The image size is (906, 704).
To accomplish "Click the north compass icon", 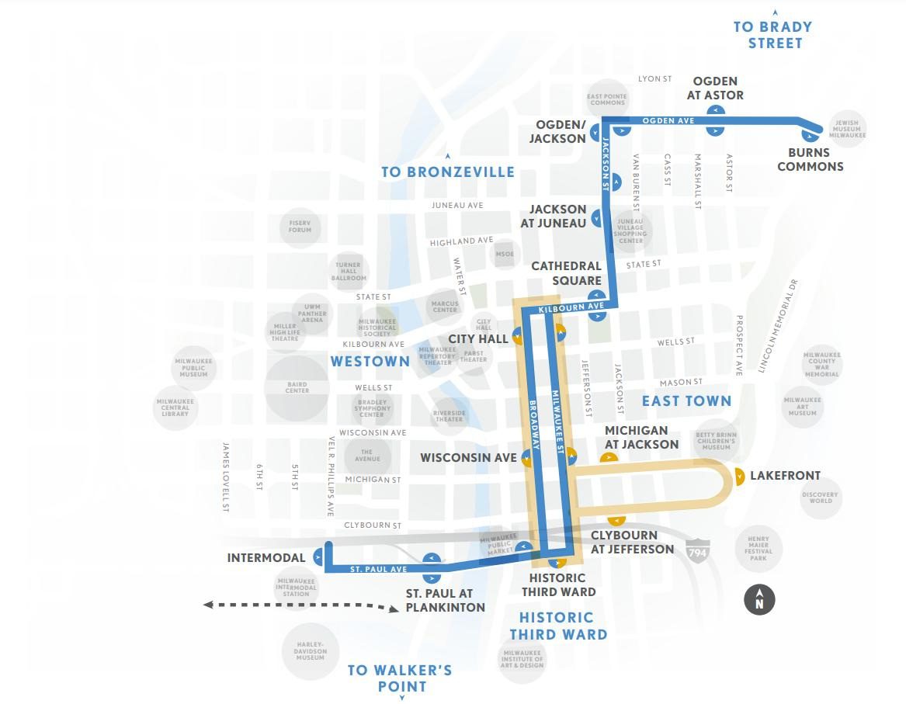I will [x=760, y=599].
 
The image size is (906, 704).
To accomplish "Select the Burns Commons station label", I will [x=810, y=159].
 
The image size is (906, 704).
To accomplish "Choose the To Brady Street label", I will [x=772, y=35].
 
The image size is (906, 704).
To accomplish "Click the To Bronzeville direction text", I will [x=448, y=172].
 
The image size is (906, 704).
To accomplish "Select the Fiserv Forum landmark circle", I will [x=300, y=227].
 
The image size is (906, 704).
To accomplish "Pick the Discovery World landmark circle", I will [x=821, y=497].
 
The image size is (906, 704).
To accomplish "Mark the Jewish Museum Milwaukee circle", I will [x=845, y=129].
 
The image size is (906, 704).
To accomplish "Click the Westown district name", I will [x=370, y=361].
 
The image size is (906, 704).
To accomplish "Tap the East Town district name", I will [x=686, y=401].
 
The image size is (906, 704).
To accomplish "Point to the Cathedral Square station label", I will [x=566, y=273].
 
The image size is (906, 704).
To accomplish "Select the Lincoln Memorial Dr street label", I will [x=779, y=325].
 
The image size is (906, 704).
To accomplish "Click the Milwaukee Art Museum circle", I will [x=802, y=406].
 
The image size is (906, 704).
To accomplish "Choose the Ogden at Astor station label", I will [x=715, y=88].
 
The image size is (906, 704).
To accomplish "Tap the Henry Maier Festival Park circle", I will [x=758, y=549].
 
